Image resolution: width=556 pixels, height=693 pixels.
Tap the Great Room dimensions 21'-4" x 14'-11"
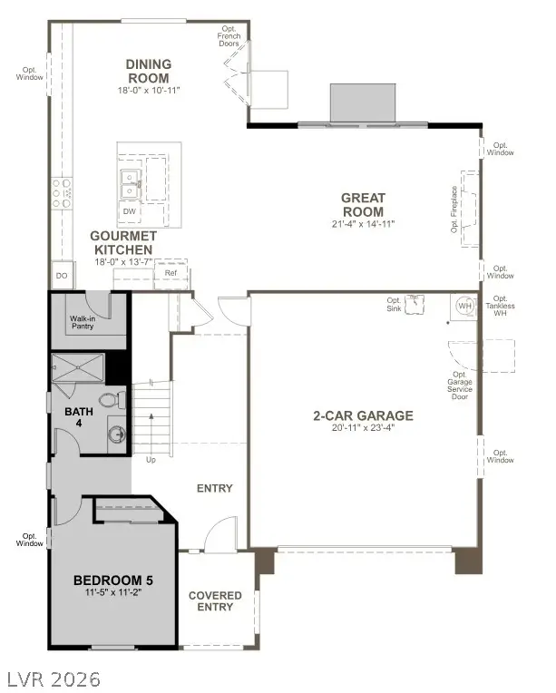pos(363,223)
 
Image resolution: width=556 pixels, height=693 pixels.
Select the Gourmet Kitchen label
pos(121,242)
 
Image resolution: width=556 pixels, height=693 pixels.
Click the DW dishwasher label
pos(129,211)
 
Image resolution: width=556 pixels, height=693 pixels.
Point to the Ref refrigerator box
pos(171,273)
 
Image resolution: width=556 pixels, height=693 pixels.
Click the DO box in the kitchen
pos(62,275)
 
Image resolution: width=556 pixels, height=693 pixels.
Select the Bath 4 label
pos(78,417)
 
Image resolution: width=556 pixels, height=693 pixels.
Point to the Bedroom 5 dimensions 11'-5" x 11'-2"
pos(112,592)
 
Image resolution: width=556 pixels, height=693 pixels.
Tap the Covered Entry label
pos(215,600)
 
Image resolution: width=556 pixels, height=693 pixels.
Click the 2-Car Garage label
pos(363,415)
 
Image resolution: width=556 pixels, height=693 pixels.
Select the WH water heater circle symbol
pos(464,307)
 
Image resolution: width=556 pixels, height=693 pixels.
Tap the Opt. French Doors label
pos(229,35)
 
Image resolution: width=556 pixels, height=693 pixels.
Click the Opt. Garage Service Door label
pos(460,386)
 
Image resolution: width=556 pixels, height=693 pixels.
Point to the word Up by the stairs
pos(150,460)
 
